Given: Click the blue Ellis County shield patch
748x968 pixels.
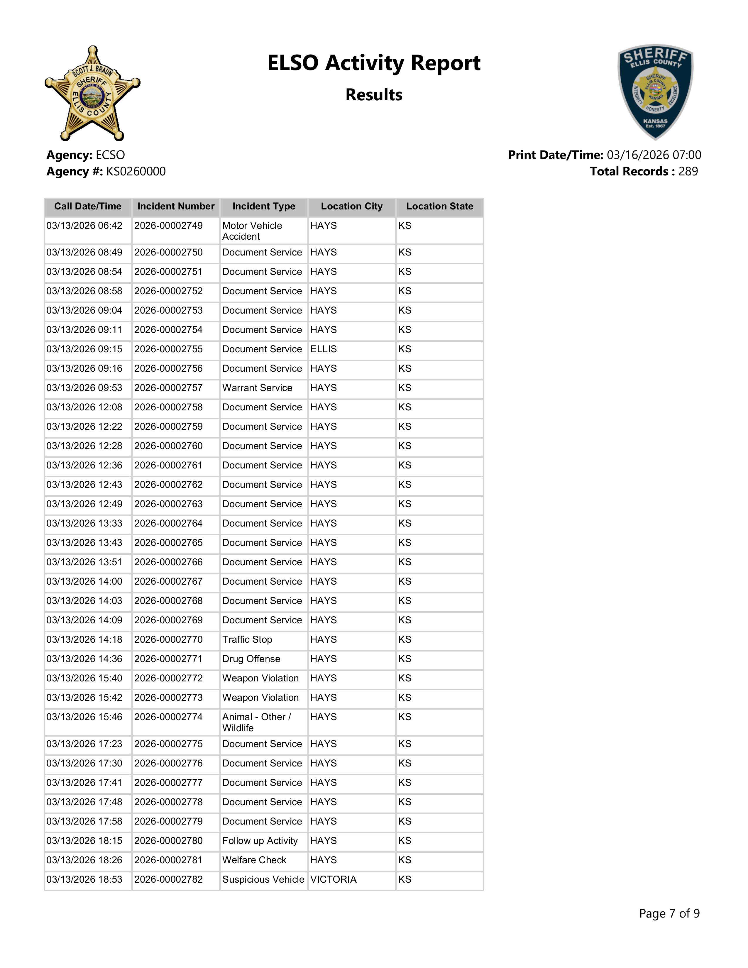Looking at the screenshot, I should [x=655, y=92].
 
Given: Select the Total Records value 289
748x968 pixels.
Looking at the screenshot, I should [x=688, y=172].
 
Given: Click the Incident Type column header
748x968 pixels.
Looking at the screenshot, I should [x=264, y=207].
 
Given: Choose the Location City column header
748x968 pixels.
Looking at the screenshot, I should [x=351, y=207].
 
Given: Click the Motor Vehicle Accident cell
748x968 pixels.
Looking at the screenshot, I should [x=252, y=231].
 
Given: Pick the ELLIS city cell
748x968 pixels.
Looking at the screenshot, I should [x=324, y=349].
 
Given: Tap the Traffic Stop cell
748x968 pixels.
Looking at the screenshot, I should [x=247, y=639].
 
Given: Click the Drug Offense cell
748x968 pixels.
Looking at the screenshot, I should [x=251, y=659].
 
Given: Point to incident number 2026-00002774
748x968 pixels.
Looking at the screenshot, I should [x=168, y=717].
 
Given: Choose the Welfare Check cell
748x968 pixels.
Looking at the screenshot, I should [x=254, y=860].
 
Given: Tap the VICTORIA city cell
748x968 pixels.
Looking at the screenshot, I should [x=333, y=880].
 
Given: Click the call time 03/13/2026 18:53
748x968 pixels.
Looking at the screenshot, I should [x=84, y=880].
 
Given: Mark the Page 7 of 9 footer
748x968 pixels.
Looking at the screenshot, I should [x=669, y=913].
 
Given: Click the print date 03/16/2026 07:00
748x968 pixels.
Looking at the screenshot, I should [x=654, y=155].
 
